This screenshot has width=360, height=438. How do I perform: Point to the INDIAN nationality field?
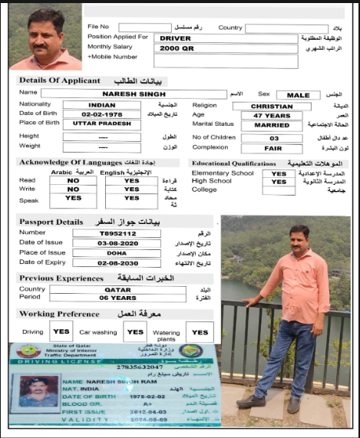click(102, 105)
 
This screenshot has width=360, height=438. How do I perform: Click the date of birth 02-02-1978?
click(102, 114)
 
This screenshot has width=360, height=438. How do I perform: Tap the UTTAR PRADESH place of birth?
click(102, 123)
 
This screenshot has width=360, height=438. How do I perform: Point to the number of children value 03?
click(274, 138)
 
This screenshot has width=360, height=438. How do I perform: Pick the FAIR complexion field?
click(274, 148)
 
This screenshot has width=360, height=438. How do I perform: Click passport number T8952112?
click(117, 232)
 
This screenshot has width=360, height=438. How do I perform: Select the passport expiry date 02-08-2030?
click(117, 262)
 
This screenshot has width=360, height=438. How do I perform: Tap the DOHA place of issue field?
click(117, 252)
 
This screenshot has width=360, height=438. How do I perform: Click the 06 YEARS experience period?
click(117, 298)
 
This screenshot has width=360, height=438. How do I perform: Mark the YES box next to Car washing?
click(136, 332)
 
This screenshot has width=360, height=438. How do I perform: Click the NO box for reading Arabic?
click(74, 180)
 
